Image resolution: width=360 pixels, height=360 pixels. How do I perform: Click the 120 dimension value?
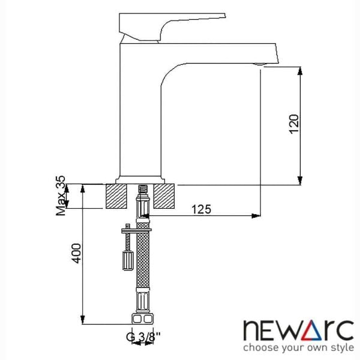click(x=293, y=124)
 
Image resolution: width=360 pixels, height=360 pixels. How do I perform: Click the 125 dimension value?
click(x=202, y=209)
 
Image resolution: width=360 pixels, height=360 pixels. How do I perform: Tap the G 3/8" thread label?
click(x=141, y=337)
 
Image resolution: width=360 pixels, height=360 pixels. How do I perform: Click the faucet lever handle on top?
click(x=171, y=24)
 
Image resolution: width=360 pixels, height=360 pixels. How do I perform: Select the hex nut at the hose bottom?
click(x=141, y=318)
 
